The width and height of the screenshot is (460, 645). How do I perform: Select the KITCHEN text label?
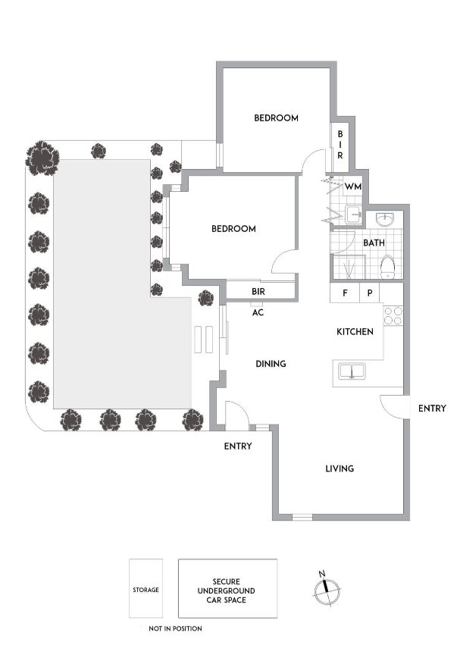click(355, 332)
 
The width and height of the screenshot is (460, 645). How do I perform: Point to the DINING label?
click(271, 364)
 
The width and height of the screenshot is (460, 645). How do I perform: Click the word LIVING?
click(340, 468)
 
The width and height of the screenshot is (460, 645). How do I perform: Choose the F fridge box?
click(344, 293)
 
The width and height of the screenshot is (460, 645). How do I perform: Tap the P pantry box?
click(370, 293)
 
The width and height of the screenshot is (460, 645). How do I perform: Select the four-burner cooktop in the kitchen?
click(393, 315)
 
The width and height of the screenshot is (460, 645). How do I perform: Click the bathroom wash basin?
click(386, 219)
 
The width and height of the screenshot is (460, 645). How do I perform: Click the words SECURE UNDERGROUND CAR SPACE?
click(227, 590)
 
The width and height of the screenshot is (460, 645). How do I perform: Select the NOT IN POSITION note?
click(175, 628)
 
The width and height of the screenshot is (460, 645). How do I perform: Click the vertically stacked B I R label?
click(340, 143)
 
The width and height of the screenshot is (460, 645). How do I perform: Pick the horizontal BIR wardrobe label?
click(258, 290)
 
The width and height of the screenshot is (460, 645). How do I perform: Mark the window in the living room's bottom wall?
click(302, 518)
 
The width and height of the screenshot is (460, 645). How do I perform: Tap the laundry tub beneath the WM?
click(354, 214)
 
